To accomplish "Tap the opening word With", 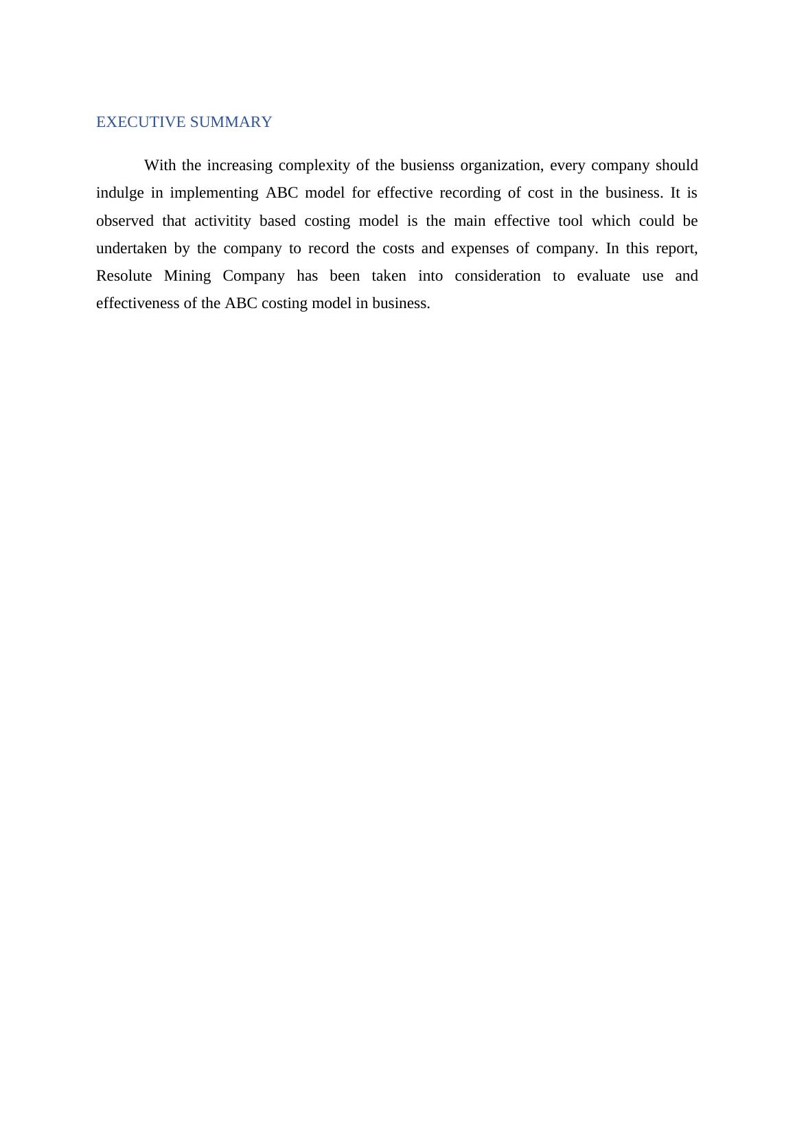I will coord(161,165).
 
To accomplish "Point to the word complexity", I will coord(314,166).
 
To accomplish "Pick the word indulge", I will coord(120,194).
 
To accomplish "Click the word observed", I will coord(125,221).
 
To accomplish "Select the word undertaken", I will coord(131,248).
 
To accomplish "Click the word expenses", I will coord(480,248).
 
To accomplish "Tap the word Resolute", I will coord(124,276).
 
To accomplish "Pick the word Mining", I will coord(187,276).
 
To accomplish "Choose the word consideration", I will coord(498,276).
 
